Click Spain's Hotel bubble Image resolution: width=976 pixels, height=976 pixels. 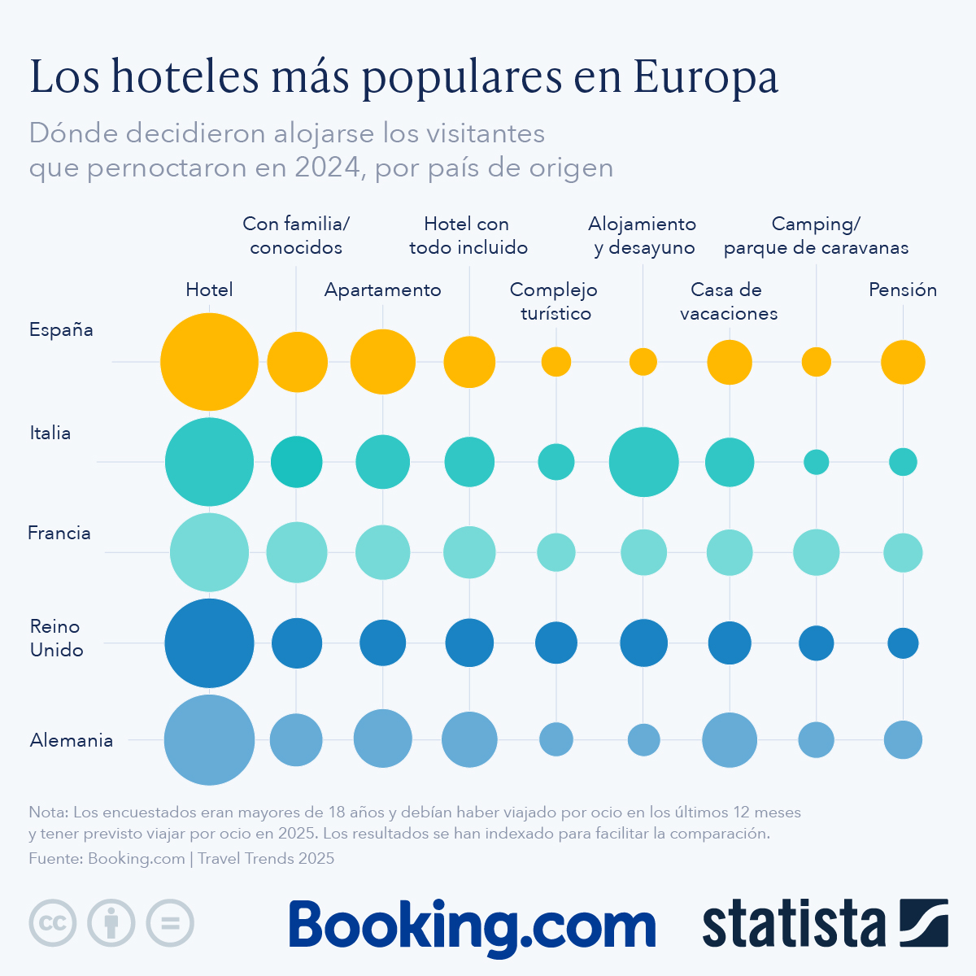point(209,362)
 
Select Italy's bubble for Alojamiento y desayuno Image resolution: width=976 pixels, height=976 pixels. point(643,462)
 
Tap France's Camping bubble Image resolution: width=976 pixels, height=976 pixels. point(816,552)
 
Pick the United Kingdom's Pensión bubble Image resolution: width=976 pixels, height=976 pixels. point(903,643)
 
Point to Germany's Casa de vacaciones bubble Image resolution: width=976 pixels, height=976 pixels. point(730,740)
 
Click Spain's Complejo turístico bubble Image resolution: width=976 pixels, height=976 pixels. point(556,361)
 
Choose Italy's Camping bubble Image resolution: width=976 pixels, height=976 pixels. point(816,462)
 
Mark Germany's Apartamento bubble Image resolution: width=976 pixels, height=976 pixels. point(382,739)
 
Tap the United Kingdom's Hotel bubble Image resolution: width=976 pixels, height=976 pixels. point(209,643)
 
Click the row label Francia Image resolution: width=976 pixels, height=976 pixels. point(59,534)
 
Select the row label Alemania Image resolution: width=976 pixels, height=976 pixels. point(72,740)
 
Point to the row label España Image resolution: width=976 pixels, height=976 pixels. point(61,330)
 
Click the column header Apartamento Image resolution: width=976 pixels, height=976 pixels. point(382,290)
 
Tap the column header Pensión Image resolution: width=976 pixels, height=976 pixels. point(903,290)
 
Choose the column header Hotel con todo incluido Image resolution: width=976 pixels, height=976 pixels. point(468,236)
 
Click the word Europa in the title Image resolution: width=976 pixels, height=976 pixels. point(705,77)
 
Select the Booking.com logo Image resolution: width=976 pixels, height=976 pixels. point(472,926)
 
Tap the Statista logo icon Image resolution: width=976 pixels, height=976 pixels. point(923,923)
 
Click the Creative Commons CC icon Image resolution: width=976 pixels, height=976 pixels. point(53,923)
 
